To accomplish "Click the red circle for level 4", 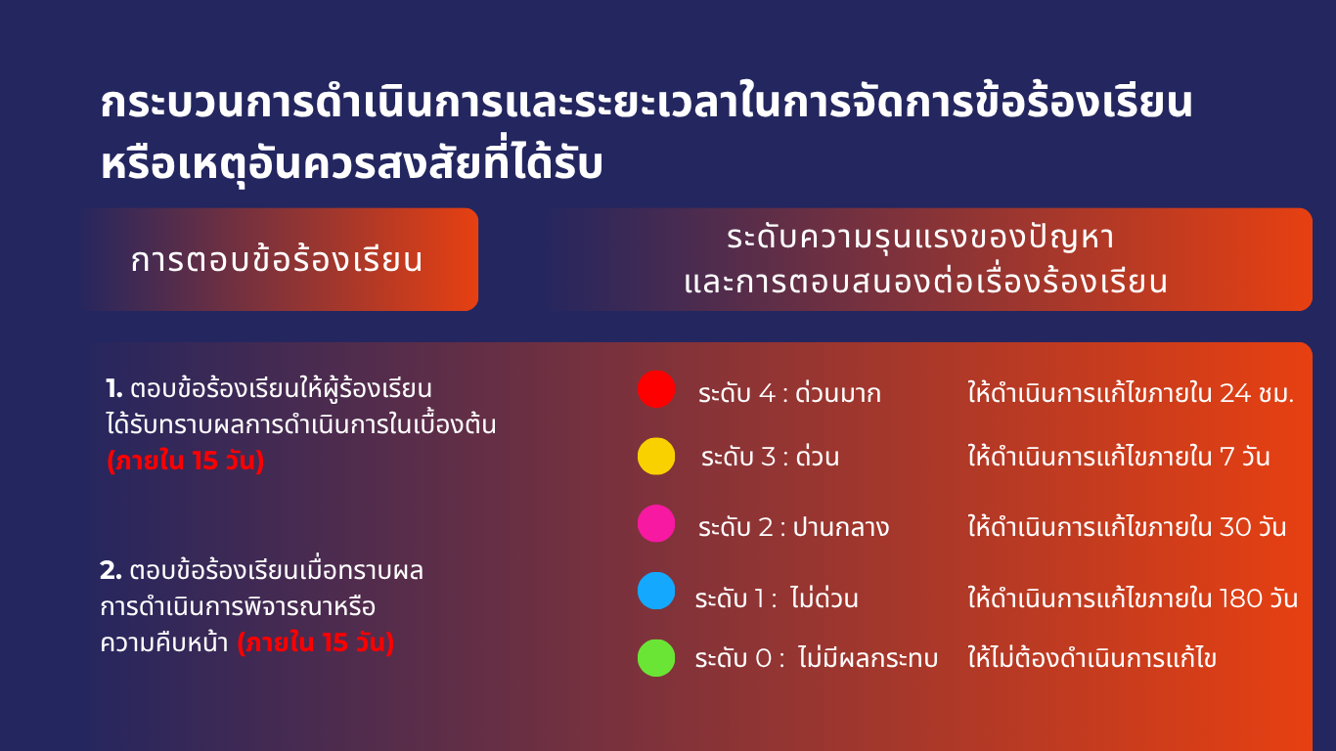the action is click(x=656, y=389).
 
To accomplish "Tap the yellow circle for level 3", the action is click(x=656, y=457).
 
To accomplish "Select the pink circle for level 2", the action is click(x=656, y=524).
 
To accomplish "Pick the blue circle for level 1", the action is click(x=656, y=592).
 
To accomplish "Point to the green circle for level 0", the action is click(x=656, y=658).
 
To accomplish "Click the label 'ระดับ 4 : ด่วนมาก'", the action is click(x=789, y=392).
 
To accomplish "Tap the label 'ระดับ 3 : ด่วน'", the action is click(x=770, y=457).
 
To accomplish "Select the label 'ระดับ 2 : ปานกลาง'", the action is click(x=793, y=526).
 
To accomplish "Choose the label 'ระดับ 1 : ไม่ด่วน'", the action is click(x=777, y=597).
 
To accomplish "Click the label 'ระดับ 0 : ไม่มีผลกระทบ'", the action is click(x=817, y=657).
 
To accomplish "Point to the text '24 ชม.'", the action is click(x=1257, y=392).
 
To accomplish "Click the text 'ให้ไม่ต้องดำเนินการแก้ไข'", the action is click(x=1092, y=657).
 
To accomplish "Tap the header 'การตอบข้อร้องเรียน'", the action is click(x=277, y=259).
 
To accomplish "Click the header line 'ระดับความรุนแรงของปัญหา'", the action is click(x=920, y=238).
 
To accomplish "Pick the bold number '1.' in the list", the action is click(x=113, y=389).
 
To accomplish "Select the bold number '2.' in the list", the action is click(x=111, y=570).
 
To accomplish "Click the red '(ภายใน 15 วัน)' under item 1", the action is click(x=186, y=461).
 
